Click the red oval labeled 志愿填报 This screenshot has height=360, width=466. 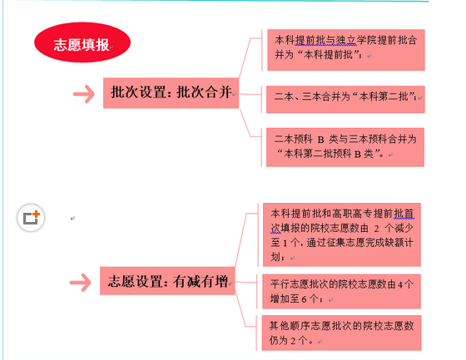82,42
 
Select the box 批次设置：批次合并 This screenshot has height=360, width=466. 171,93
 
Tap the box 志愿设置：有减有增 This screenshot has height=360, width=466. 167,281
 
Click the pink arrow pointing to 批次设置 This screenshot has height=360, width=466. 84,94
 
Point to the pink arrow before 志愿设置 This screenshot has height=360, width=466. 81,283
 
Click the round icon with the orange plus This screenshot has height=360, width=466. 31,218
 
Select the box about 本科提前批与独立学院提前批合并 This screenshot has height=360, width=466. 346,50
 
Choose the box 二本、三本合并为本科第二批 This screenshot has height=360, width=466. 345,100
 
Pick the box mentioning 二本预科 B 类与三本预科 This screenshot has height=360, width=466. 345,147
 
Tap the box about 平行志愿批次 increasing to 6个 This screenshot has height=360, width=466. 341,291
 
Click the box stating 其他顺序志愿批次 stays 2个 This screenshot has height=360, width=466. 341,333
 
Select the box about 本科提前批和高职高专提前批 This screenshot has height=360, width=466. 342,234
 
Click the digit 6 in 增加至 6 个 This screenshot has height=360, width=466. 304,299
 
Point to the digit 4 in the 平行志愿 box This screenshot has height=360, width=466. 400,285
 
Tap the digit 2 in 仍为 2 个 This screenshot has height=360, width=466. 293,341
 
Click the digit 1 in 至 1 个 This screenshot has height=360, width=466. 285,244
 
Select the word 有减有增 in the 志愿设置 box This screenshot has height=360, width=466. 201,281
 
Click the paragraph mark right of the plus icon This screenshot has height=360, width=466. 72,219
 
